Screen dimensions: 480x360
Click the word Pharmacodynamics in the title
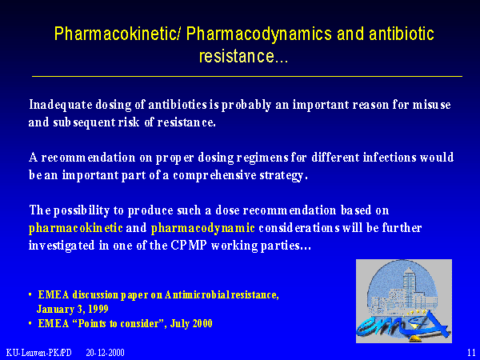tap(258, 34)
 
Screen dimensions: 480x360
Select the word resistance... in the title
tap(243, 56)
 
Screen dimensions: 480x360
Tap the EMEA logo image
tap(404, 301)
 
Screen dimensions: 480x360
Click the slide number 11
tap(471, 352)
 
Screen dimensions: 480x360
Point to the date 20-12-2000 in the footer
tap(105, 353)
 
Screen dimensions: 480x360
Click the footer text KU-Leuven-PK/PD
tap(39, 353)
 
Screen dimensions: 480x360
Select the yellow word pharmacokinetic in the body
tap(76, 228)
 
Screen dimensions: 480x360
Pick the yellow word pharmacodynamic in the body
tap(203, 228)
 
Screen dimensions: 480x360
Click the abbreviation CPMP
tap(189, 246)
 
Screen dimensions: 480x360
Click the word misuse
tap(431, 105)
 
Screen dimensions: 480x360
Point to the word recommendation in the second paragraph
tap(89, 158)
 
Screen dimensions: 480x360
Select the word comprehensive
tap(214, 176)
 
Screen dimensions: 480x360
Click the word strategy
tap(283, 176)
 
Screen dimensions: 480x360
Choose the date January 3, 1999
tap(73, 309)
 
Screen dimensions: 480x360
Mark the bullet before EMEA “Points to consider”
tap(30, 323)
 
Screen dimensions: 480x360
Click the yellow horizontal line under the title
tap(247, 76)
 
